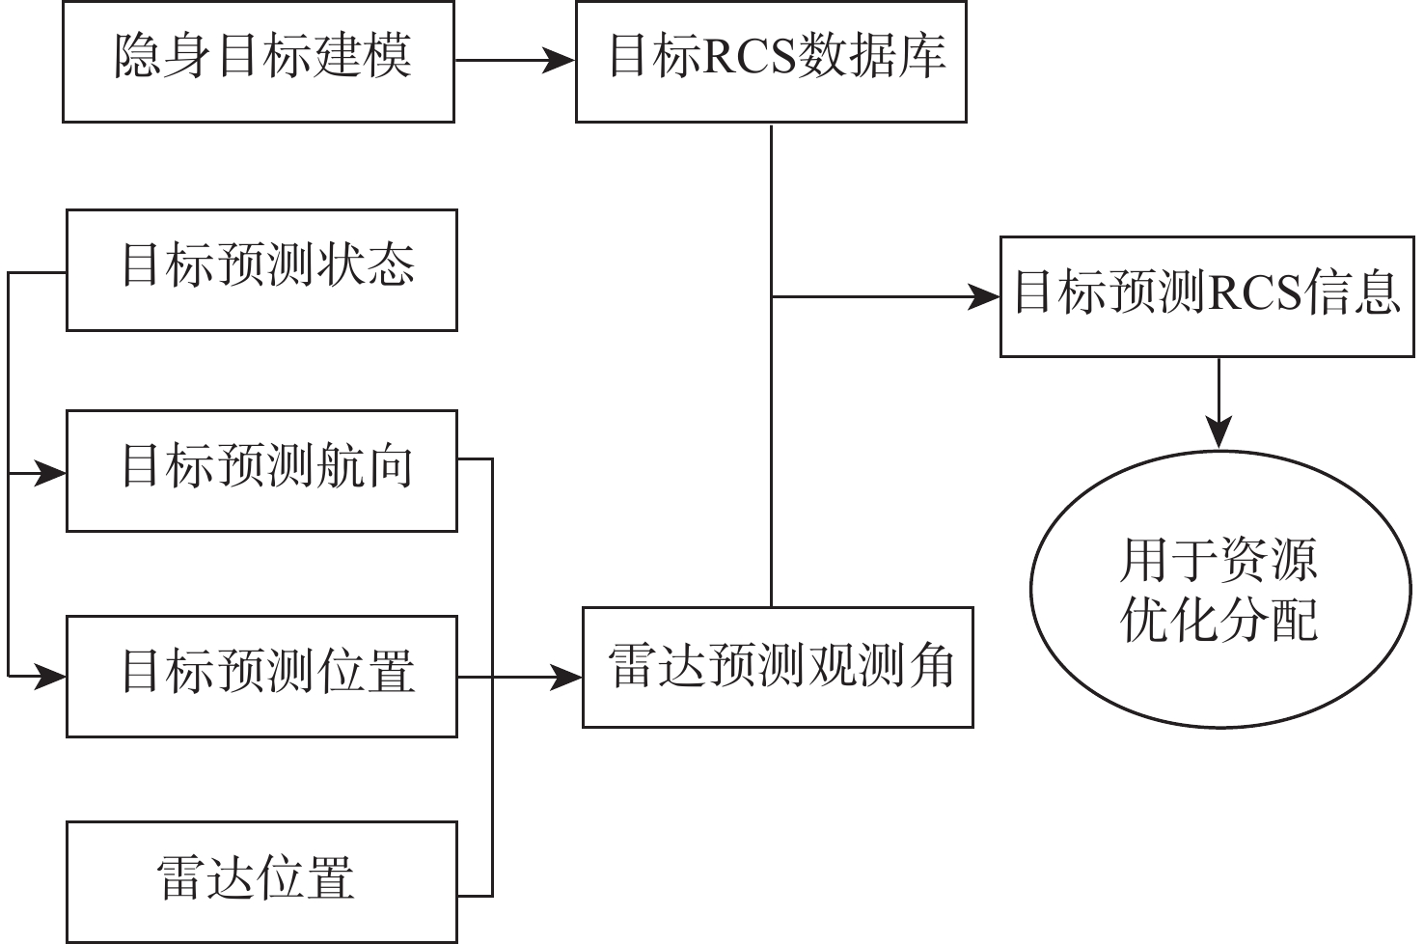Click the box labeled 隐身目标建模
point(259,62)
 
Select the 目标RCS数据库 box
point(771,62)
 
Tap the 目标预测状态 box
point(261,271)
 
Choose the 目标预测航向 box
point(261,471)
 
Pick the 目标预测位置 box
point(261,677)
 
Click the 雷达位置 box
point(261,881)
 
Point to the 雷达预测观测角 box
point(778,667)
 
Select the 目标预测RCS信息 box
point(1207,296)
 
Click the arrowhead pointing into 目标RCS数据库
point(561,61)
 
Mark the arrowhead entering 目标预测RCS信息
point(984,296)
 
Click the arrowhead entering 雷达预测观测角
point(567,677)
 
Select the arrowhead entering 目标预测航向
point(51,473)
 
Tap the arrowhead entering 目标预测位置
point(51,677)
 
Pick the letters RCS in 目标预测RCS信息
point(1254,293)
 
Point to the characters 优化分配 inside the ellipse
point(1219,620)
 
